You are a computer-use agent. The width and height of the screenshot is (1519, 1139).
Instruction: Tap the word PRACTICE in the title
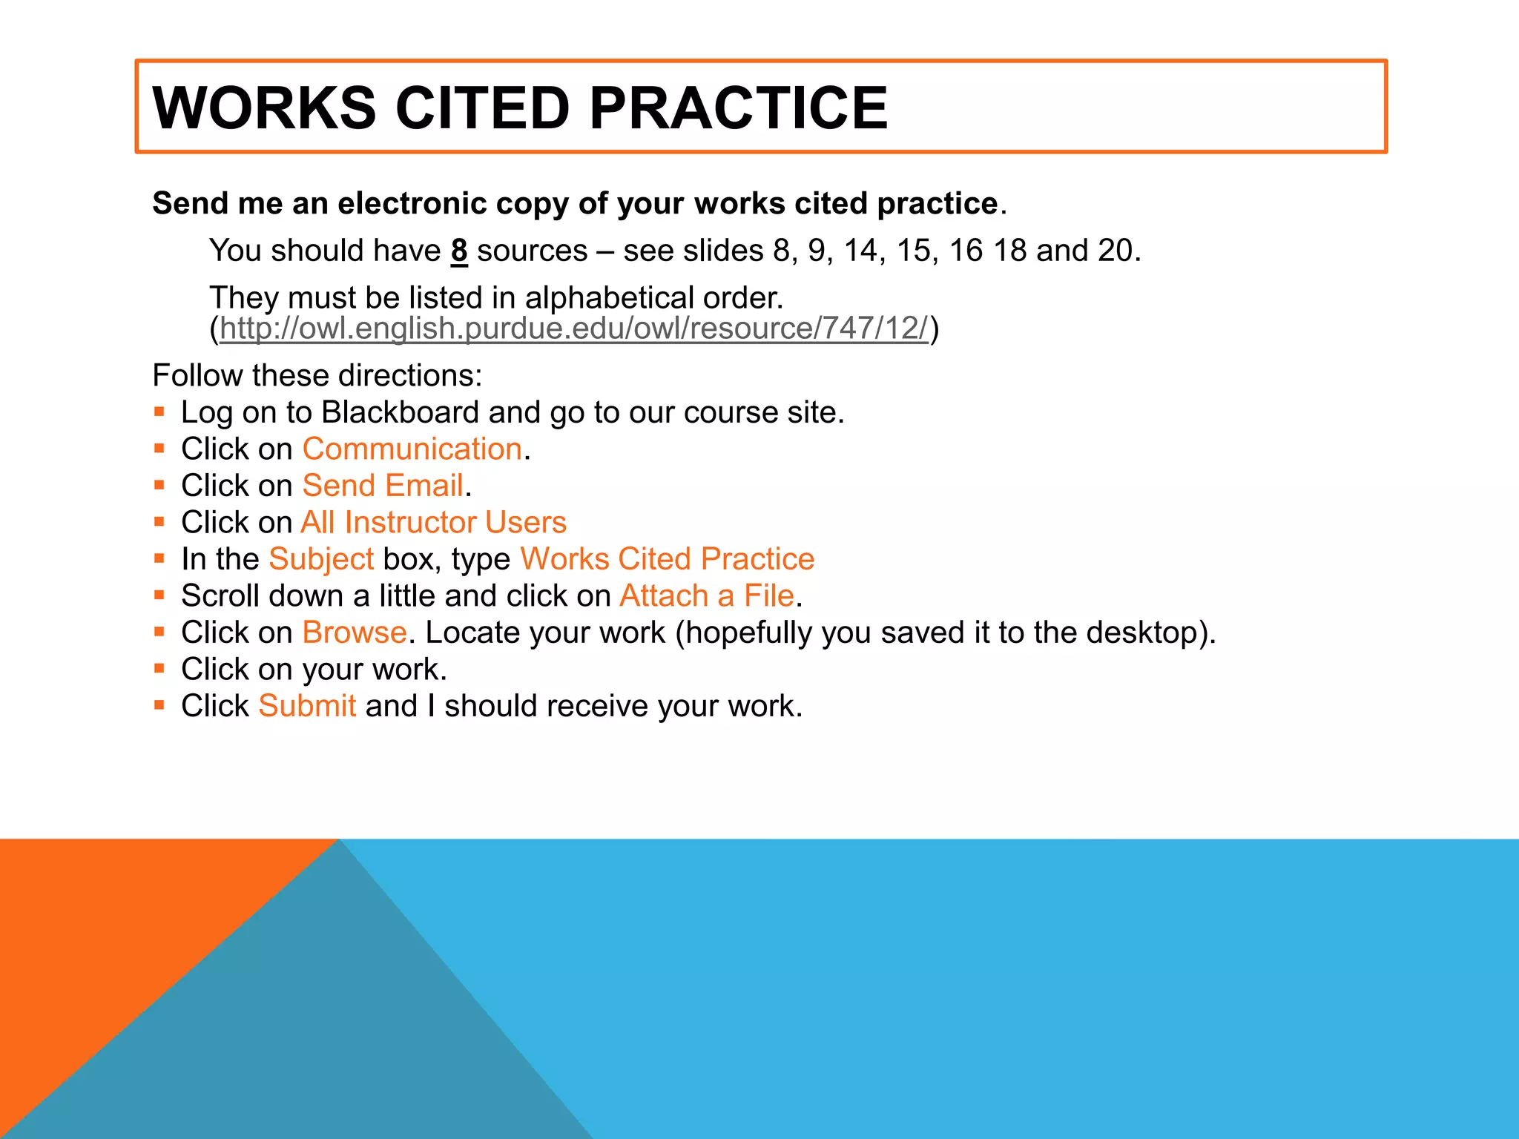[738, 108]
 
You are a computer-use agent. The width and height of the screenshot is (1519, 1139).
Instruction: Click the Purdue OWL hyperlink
[573, 329]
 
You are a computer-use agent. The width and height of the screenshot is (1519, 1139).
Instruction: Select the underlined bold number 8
[459, 251]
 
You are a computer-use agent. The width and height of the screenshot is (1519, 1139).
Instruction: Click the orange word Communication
[412, 449]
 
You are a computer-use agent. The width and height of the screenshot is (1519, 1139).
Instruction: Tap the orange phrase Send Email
[383, 486]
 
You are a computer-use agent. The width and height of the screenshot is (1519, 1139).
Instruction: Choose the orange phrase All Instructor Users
[433, 523]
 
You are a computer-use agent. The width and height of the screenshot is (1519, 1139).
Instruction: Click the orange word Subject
[321, 559]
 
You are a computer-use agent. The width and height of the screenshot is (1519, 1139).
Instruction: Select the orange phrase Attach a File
[707, 596]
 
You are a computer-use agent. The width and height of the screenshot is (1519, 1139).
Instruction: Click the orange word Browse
[355, 633]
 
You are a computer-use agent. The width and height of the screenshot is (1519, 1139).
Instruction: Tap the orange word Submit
[307, 706]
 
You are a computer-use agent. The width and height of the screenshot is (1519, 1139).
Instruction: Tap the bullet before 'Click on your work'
[159, 668]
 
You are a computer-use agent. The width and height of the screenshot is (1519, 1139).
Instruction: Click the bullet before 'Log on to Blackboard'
[159, 412]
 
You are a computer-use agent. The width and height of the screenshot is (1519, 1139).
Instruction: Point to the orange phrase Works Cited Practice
[667, 559]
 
